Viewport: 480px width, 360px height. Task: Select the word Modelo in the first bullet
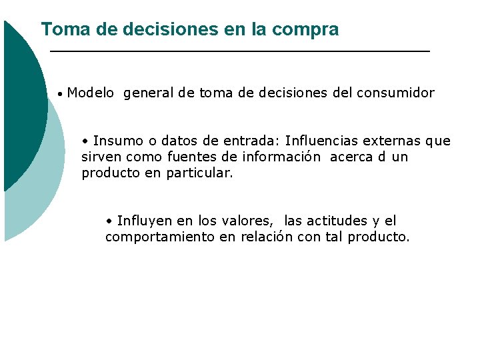91,93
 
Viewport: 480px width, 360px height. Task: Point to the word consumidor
395,93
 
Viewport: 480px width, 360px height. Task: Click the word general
149,93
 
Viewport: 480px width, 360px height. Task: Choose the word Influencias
323,141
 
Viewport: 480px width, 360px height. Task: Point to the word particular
199,174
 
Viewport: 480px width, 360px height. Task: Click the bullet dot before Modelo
60,95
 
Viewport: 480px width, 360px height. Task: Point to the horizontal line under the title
240,51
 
